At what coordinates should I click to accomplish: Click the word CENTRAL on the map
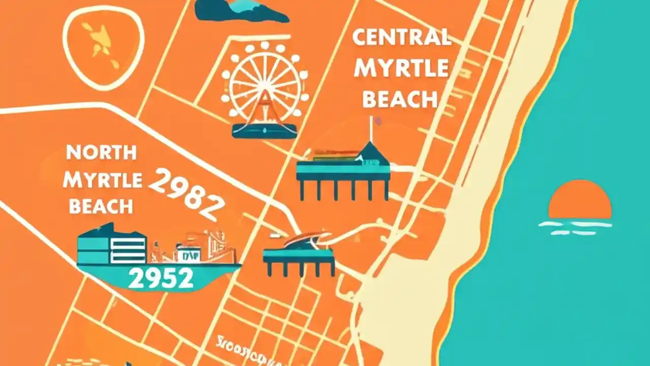[x=402, y=38]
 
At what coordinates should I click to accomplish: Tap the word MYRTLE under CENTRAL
[x=401, y=68]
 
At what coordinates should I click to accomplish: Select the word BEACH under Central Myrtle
[x=400, y=99]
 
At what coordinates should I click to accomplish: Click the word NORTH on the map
[x=101, y=152]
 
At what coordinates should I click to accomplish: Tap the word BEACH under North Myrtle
[x=101, y=206]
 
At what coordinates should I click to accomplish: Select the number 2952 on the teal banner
[x=160, y=278]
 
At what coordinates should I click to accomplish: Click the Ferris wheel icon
[x=265, y=86]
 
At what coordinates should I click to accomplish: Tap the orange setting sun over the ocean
[x=580, y=199]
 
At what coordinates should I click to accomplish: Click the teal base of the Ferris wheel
[x=265, y=130]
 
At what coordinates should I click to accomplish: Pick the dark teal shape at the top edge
[x=239, y=10]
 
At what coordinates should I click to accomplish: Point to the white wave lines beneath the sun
[x=575, y=228]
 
